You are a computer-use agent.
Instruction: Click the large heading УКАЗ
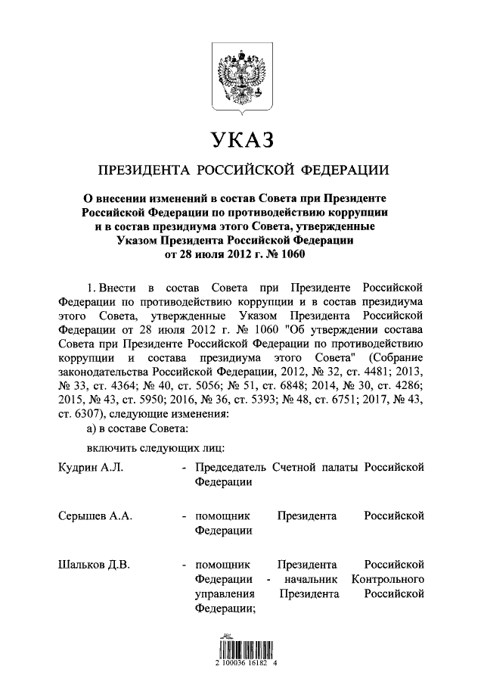pos(241,141)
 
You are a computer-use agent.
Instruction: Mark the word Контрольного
pos(388,579)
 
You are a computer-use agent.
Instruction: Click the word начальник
pos(311,579)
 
